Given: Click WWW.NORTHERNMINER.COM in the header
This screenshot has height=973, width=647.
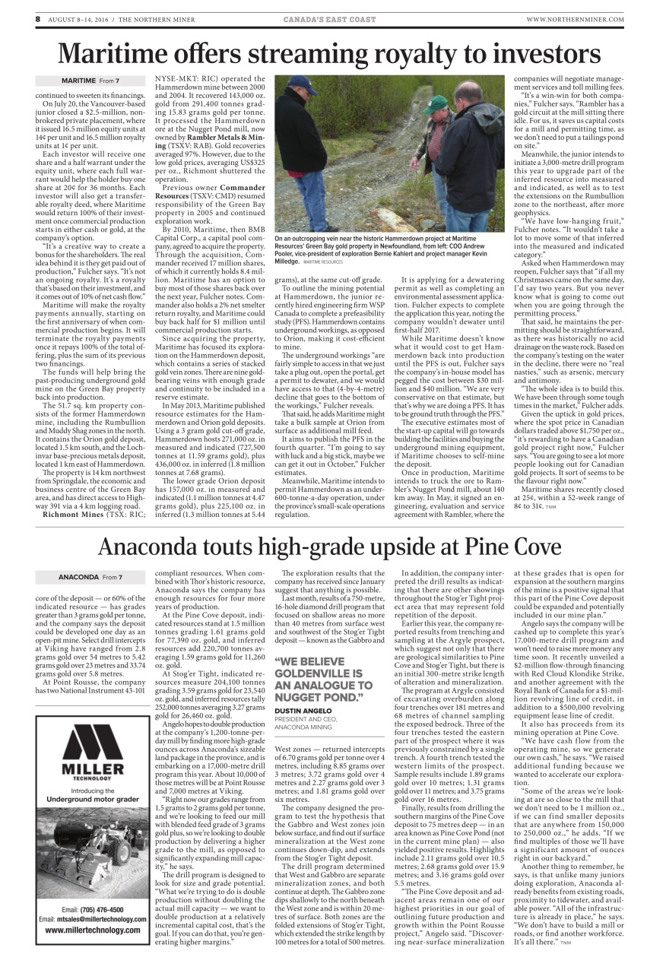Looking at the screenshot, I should (575, 19).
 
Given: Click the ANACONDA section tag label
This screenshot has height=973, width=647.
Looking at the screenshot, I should (78, 556).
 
